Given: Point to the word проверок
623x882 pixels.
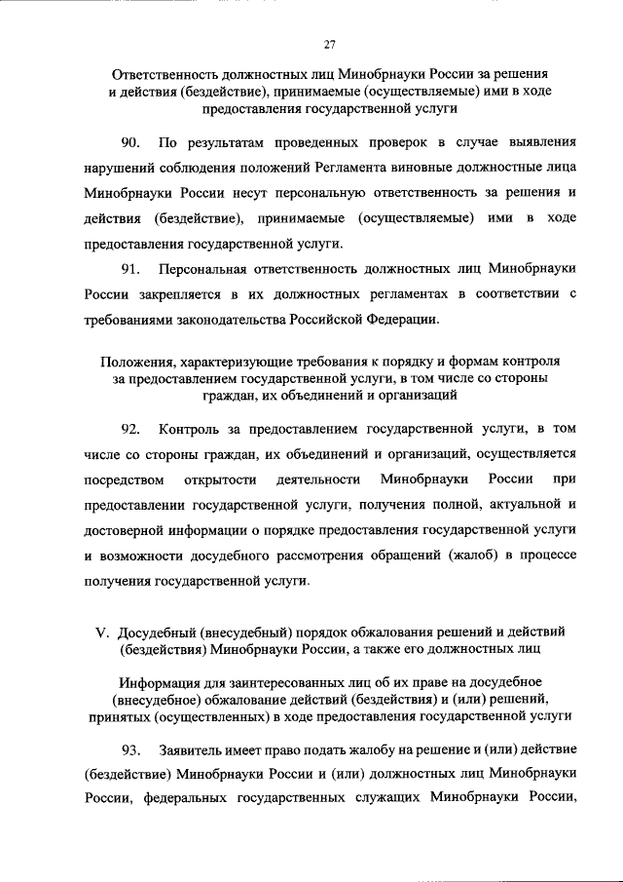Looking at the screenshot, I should tap(367, 141).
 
